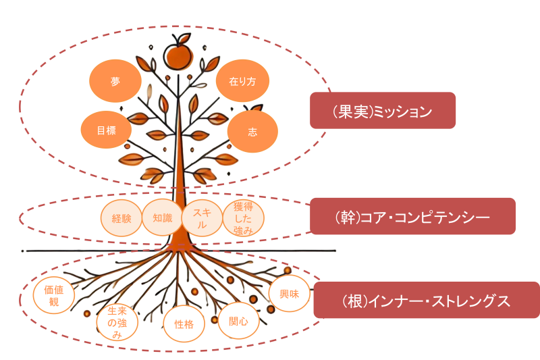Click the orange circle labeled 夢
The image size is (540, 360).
115,82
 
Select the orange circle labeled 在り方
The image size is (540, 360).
242,82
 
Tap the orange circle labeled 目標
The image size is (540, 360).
107,130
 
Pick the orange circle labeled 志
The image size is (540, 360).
252,132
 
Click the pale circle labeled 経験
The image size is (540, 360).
122,219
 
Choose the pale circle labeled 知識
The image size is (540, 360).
163,218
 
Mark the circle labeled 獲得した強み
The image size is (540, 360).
243,217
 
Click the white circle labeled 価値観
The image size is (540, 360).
54,296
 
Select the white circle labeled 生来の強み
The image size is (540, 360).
117,324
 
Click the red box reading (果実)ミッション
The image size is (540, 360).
383,111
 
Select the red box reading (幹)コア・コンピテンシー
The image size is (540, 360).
412,216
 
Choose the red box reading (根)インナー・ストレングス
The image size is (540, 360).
426,301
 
